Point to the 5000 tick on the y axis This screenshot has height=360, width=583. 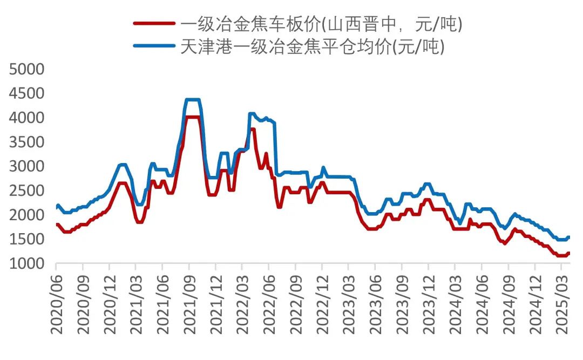tap(25, 69)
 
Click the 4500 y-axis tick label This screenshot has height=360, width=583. tap(25, 93)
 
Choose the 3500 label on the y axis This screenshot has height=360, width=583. tap(25, 142)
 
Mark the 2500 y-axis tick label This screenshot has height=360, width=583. tap(25, 191)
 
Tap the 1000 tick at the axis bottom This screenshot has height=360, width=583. tap(25, 263)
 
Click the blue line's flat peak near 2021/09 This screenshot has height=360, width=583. tap(193, 100)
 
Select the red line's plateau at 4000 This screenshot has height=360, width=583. tap(193, 117)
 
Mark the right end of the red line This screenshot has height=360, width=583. tap(569, 253)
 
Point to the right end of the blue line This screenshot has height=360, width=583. tap(569, 237)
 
